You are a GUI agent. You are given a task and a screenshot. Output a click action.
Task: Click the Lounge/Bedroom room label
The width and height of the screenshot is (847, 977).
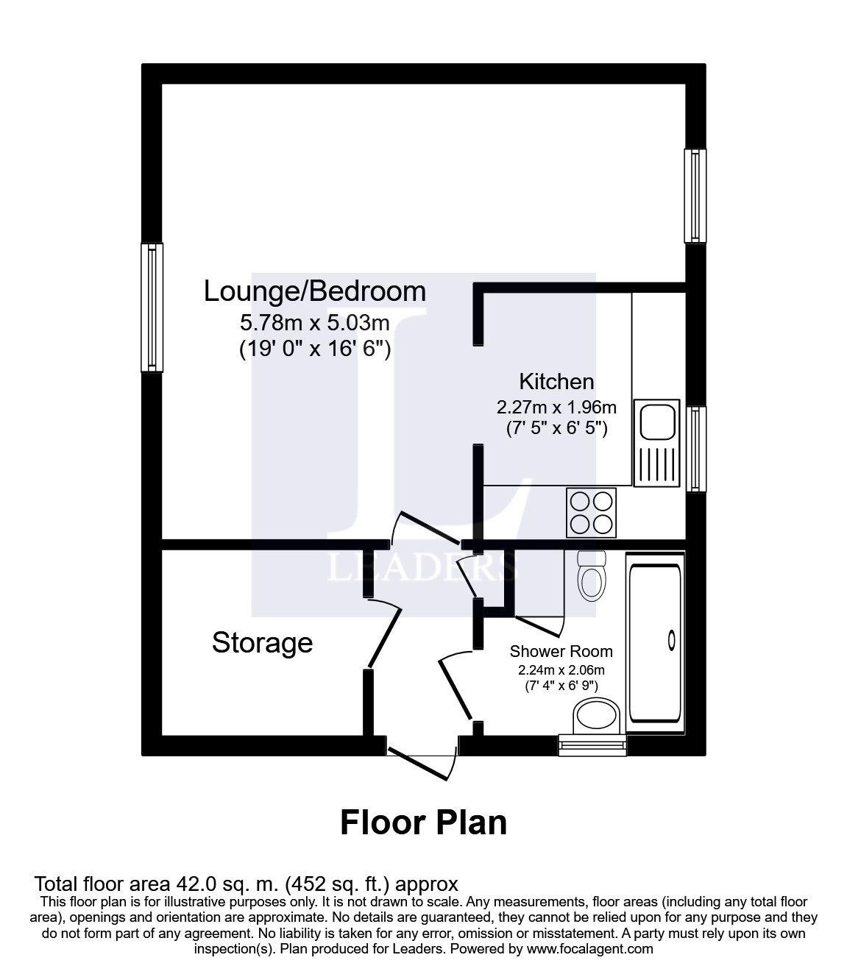click(314, 291)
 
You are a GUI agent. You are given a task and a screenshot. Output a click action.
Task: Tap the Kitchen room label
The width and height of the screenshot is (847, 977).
click(556, 381)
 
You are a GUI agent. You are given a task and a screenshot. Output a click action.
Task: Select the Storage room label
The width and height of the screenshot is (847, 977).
click(262, 642)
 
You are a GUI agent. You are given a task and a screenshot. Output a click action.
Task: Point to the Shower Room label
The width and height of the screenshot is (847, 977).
click(561, 651)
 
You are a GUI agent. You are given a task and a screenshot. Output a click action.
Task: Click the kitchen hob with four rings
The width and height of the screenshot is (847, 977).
click(591, 512)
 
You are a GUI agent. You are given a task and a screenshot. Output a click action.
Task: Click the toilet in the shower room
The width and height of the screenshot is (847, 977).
click(592, 576)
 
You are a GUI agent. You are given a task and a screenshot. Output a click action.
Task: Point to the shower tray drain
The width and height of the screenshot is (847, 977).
click(671, 641)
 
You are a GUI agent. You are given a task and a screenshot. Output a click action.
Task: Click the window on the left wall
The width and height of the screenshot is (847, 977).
click(152, 308)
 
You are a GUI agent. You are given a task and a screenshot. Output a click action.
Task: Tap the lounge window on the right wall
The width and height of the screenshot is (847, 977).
click(695, 196)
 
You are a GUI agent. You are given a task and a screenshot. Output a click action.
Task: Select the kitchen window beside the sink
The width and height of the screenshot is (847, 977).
click(695, 449)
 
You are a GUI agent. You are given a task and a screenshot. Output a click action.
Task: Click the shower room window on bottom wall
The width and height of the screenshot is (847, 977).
click(592, 745)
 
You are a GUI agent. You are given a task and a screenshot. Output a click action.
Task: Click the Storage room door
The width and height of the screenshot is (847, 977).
click(384, 633)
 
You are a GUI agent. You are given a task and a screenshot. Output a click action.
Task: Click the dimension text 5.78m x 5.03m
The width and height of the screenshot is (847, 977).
click(314, 323)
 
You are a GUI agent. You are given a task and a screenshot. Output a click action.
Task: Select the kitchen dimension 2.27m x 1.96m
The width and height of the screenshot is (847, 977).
click(556, 407)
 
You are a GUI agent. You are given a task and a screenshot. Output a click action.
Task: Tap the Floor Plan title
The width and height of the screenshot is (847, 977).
click(423, 823)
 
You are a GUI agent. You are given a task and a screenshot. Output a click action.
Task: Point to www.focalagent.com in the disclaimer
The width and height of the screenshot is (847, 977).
click(589, 948)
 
